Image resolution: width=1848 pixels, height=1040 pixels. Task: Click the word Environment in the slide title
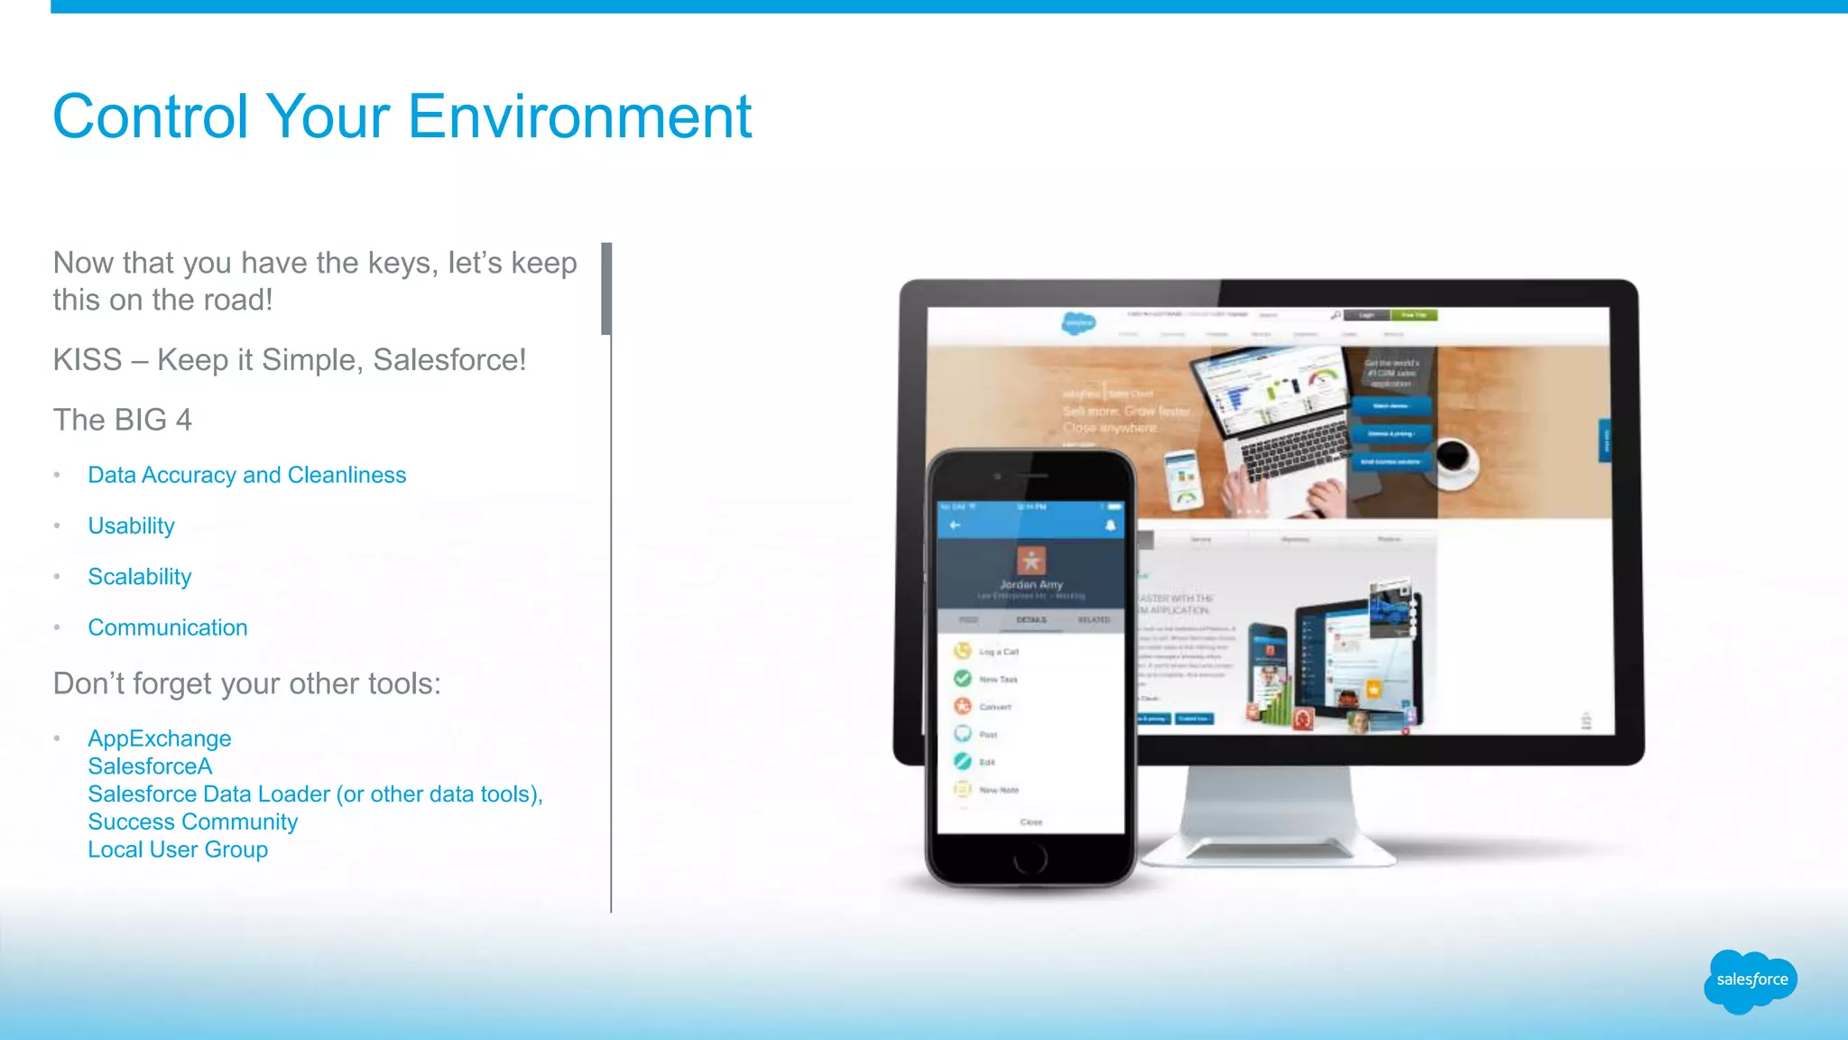click(579, 117)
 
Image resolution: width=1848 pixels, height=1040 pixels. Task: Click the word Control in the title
click(151, 117)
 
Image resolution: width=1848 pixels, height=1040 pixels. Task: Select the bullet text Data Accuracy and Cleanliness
click(246, 475)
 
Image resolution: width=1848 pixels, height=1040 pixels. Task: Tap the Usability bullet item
click(131, 525)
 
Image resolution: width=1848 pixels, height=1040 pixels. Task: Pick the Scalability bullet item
click(140, 577)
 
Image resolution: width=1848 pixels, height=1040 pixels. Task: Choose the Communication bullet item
click(167, 627)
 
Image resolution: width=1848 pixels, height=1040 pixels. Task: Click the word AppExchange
click(160, 738)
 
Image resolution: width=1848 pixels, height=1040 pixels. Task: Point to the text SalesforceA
click(150, 766)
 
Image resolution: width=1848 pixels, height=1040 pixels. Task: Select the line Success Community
click(192, 822)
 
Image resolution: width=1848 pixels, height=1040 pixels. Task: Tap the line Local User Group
click(178, 850)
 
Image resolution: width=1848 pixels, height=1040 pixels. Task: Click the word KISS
click(87, 360)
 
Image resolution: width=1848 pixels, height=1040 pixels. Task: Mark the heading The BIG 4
click(123, 420)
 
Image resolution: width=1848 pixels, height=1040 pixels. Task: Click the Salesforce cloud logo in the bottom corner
click(1751, 980)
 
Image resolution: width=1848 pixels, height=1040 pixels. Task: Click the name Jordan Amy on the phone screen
click(1030, 585)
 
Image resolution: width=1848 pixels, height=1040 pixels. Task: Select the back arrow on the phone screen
click(955, 525)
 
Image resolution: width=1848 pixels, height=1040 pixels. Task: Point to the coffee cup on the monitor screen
click(1455, 455)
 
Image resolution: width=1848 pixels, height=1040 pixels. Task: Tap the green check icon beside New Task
click(963, 678)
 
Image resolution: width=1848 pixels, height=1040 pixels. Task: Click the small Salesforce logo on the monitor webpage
click(1078, 322)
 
